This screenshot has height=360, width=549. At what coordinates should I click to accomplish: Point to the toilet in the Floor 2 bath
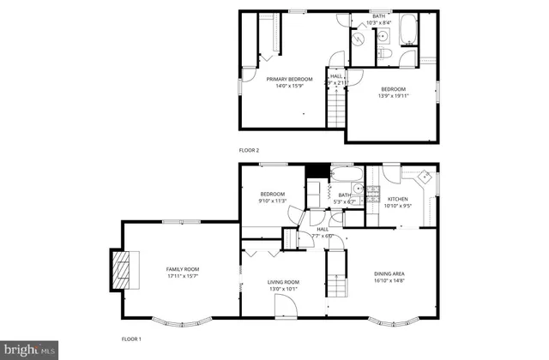click(x=386, y=56)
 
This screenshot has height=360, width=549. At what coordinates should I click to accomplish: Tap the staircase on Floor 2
click(x=335, y=108)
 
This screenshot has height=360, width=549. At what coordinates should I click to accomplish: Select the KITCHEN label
click(x=396, y=198)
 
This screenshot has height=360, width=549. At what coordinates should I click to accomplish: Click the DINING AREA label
click(x=390, y=273)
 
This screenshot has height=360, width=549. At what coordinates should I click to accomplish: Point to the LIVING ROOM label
click(x=283, y=282)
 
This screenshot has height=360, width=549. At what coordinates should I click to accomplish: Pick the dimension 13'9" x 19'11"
click(x=394, y=95)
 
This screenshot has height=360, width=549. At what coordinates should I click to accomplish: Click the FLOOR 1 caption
click(x=133, y=339)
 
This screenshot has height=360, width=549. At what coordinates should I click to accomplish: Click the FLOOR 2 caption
click(x=249, y=150)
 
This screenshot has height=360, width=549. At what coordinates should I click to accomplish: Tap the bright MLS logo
click(x=29, y=349)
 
